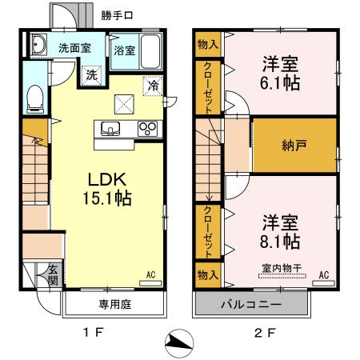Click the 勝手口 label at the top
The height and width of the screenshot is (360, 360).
click(x=117, y=15)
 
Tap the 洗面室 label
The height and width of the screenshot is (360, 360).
click(x=73, y=47)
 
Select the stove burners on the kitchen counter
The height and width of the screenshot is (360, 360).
click(x=146, y=128)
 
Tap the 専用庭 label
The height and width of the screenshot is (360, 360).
click(x=114, y=303)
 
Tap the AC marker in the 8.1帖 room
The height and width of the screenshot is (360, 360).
click(x=324, y=274)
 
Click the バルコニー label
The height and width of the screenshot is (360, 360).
click(x=249, y=304)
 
